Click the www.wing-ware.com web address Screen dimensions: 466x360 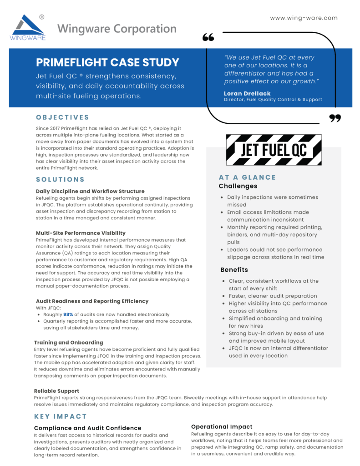click(304, 18)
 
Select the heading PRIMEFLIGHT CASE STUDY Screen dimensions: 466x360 click(107, 62)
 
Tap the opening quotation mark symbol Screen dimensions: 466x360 click(208, 37)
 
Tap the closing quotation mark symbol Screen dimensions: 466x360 click(335, 119)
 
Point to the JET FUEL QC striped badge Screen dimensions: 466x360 click(274, 150)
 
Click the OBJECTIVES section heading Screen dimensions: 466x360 click(63, 117)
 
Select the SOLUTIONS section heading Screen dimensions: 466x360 click(61, 179)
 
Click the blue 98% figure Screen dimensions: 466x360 click(68, 314)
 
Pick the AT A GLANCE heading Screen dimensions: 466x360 click(247, 177)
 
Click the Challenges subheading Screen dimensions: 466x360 click(238, 186)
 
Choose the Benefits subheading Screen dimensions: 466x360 click(234, 270)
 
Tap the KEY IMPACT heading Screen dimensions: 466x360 click(61, 416)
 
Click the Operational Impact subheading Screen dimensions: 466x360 click(222, 426)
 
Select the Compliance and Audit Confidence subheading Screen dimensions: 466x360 click(87, 428)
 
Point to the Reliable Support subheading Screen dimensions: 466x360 click(56, 391)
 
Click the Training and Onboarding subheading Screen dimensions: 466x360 click(69, 342)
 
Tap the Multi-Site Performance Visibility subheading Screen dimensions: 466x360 click(81, 233)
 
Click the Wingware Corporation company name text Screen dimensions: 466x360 click(117, 29)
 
